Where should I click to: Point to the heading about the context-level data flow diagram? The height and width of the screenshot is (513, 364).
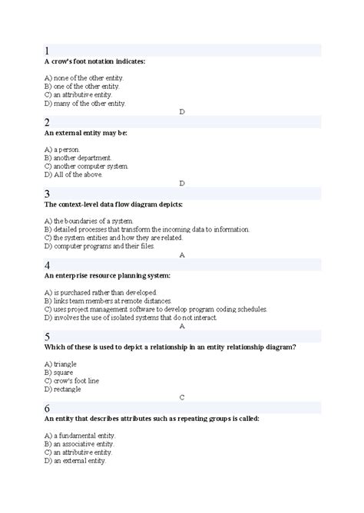pos(113,205)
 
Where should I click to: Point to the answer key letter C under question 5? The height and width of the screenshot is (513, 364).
pos(182,397)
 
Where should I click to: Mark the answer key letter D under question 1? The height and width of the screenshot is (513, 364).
pos(182,112)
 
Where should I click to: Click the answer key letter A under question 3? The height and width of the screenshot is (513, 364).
pos(182,255)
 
